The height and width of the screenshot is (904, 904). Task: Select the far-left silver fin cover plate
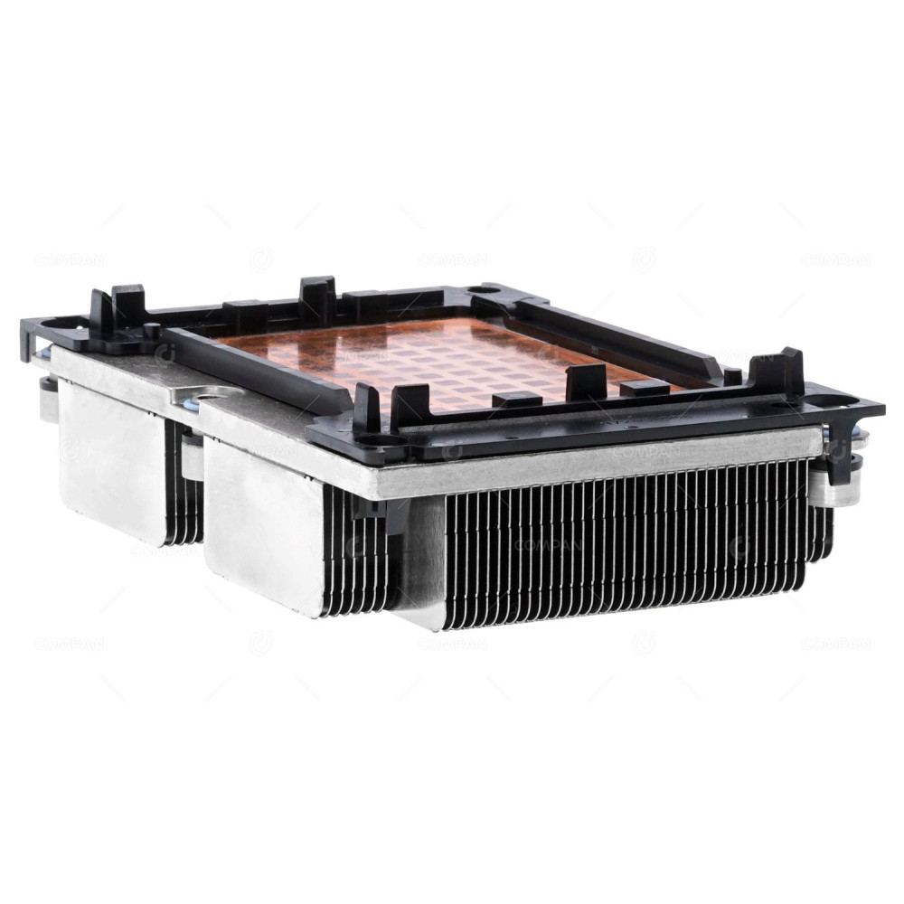(x=108, y=461)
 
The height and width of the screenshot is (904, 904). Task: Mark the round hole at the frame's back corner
(x=489, y=290)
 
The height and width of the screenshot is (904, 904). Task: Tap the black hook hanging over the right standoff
(x=837, y=452)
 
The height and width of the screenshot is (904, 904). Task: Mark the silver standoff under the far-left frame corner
(x=47, y=398)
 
